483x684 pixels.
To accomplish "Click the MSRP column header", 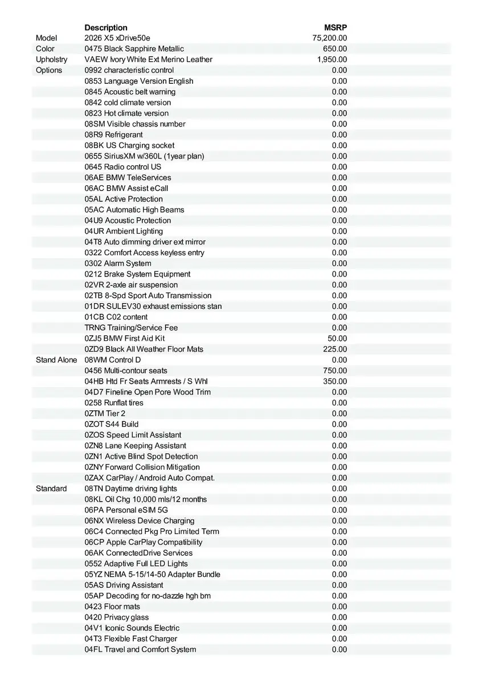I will (x=335, y=27).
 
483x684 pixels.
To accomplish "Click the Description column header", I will (x=106, y=27).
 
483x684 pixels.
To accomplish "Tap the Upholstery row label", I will (x=51, y=59).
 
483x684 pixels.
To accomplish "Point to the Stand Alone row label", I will (x=56, y=360).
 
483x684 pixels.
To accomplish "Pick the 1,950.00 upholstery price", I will (x=332, y=59).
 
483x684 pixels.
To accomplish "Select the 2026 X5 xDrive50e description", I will (x=117, y=38).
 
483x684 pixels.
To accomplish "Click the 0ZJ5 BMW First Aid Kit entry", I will (x=125, y=339).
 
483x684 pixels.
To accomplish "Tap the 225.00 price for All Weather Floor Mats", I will (x=334, y=349).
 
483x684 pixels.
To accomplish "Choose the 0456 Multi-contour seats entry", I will (x=126, y=370).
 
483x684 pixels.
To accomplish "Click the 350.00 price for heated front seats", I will (x=334, y=381).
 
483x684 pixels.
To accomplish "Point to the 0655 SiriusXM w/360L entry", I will (x=144, y=156).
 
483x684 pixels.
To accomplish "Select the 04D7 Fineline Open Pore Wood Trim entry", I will (x=148, y=392).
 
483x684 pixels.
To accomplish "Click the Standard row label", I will (x=51, y=488).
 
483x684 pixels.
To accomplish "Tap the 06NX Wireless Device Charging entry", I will (x=140, y=521).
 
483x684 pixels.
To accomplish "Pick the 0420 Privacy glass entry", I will (x=117, y=617).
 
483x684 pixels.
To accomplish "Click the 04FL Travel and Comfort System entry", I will (x=140, y=650).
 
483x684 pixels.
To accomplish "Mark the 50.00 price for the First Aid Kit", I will (x=337, y=339).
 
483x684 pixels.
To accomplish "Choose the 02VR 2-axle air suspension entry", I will (x=131, y=285).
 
